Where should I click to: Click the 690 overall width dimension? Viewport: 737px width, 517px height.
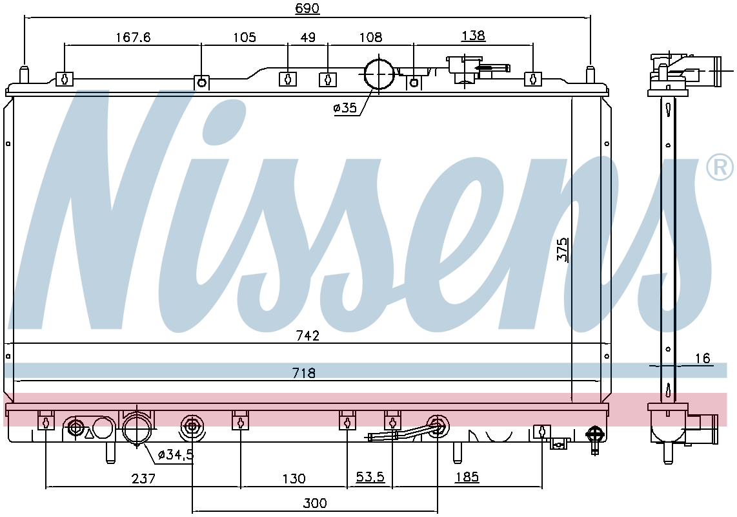[307, 8]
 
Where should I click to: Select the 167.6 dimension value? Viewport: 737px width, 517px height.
[133, 37]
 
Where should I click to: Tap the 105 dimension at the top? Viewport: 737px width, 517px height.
[245, 37]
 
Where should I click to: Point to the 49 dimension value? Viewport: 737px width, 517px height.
[308, 37]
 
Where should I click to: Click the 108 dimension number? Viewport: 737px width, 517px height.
[370, 37]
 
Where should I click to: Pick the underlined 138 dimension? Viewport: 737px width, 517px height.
[473, 36]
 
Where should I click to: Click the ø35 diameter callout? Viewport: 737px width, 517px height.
[345, 109]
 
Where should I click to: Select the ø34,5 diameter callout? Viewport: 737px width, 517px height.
[176, 455]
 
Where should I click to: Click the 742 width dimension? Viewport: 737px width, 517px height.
[308, 335]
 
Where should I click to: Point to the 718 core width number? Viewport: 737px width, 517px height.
[303, 373]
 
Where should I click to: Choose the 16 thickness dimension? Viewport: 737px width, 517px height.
[702, 359]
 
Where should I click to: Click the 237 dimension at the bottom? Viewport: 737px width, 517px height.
[143, 478]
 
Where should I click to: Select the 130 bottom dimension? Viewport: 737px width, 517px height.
[294, 478]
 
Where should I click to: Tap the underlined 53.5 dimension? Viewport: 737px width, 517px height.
[370, 477]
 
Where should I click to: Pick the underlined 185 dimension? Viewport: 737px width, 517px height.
[467, 477]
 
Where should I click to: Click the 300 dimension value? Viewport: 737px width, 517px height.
[314, 503]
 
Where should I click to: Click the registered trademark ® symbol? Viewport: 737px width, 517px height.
[720, 167]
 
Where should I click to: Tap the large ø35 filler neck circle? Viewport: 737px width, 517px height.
[379, 74]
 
